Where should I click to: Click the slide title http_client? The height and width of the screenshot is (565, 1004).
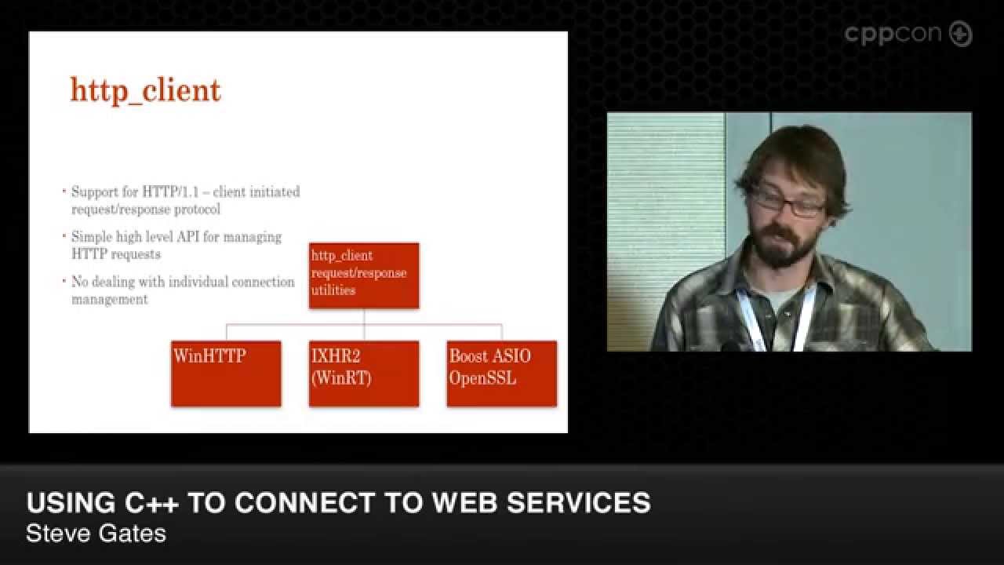click(146, 91)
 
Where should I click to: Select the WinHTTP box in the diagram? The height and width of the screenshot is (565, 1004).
click(226, 374)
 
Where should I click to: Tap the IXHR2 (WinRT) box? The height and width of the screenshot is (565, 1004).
click(364, 374)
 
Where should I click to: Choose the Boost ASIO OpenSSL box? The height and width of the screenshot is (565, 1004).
click(502, 374)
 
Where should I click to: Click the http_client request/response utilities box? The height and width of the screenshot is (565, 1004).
click(364, 275)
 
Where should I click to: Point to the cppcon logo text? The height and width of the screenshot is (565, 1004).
click(894, 35)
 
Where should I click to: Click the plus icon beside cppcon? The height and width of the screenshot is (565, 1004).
click(961, 35)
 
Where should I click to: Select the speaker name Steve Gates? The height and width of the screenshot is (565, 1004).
click(96, 534)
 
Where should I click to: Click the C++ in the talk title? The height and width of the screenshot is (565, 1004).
click(151, 503)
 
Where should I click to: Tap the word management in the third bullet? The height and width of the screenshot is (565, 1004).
click(110, 299)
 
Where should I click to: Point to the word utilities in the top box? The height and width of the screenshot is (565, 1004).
click(333, 290)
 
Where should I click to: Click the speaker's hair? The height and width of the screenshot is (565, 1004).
click(792, 153)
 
